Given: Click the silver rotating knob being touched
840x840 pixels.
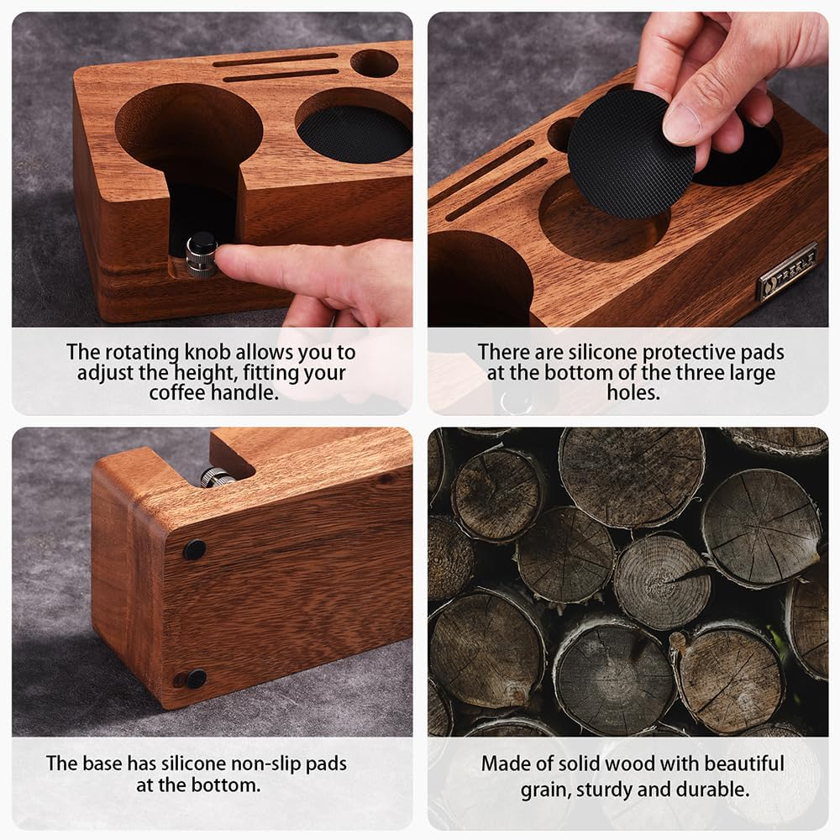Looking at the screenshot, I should coord(202,255).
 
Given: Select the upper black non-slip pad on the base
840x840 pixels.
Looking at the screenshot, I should coord(195,550).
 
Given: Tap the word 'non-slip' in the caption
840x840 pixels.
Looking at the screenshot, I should coord(261,764).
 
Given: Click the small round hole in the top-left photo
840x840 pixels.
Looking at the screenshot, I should coord(374,63).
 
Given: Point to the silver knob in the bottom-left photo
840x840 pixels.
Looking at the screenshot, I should coord(217,477).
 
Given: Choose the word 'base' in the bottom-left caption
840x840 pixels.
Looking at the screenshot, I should coord(100,764).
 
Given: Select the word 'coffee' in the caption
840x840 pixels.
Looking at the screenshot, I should coord(177,392).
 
